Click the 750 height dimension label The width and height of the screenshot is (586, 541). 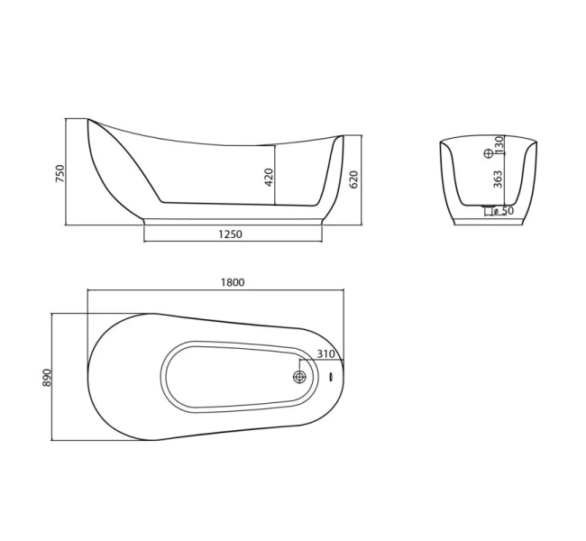60,173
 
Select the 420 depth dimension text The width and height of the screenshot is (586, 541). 268,177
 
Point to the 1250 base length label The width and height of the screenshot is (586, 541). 231,234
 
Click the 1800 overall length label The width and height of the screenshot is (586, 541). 233,281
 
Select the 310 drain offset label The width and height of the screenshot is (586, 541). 325,354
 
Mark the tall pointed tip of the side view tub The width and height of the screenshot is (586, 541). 88,119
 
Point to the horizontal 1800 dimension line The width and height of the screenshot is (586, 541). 216,289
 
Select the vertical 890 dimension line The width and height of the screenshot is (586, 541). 53,377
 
